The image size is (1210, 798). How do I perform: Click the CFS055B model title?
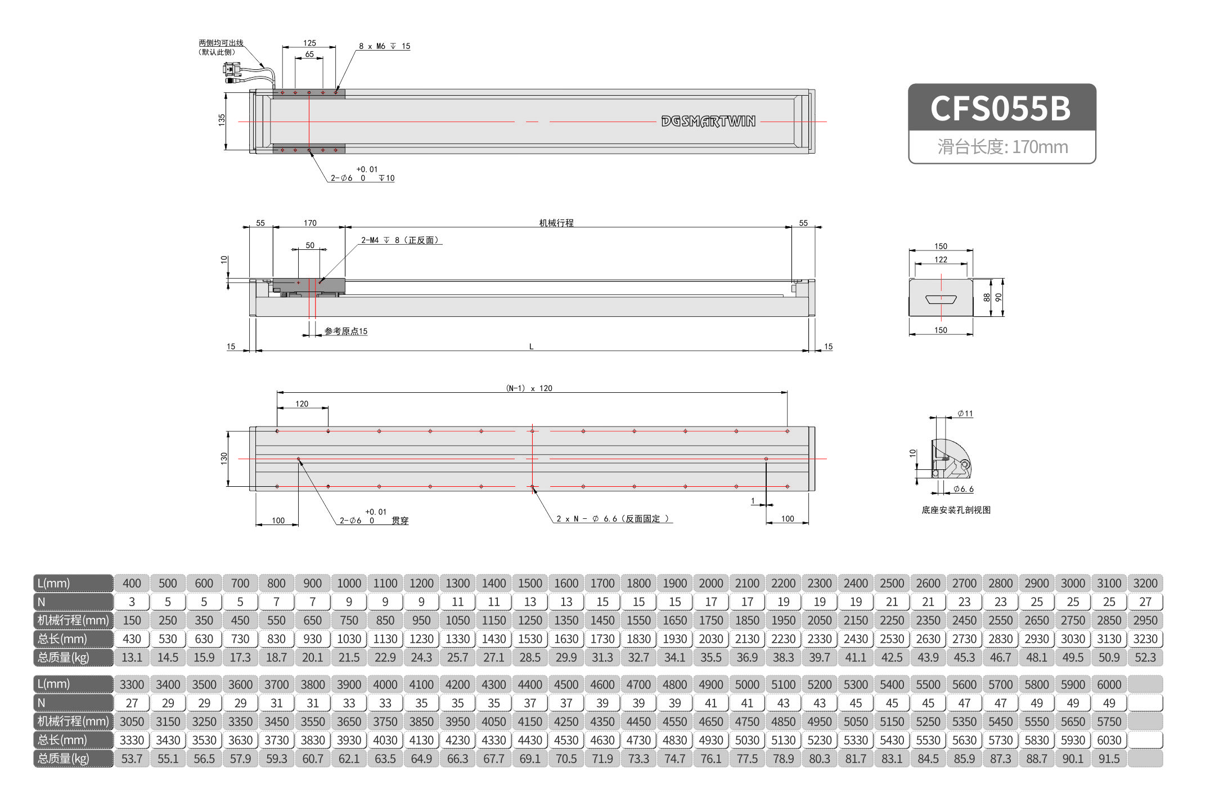point(1001,108)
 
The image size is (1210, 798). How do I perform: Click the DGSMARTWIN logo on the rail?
point(708,121)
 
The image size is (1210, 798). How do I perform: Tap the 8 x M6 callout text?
point(384,46)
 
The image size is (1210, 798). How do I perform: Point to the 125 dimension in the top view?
point(309,43)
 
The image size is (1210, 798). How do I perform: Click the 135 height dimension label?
point(222,119)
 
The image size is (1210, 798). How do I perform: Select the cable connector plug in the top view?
point(231,70)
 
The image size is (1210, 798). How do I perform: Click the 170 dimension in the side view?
point(310,223)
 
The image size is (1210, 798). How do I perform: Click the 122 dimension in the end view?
point(941,259)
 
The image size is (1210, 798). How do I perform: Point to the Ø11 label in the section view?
point(965,414)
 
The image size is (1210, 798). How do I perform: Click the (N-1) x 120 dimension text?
point(529,388)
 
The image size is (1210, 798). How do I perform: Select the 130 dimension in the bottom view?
point(224,458)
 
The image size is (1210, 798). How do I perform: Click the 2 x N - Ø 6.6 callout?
point(612,519)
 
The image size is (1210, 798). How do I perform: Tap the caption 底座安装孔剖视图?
point(956,510)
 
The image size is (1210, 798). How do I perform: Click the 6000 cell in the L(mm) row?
point(1109,684)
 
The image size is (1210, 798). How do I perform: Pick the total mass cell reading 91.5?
point(1109,759)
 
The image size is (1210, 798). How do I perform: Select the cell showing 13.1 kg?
point(132,657)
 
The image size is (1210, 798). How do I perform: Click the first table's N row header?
point(73,602)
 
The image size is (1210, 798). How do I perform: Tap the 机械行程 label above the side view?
point(556,223)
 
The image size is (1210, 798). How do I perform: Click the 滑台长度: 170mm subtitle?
point(1002,147)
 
